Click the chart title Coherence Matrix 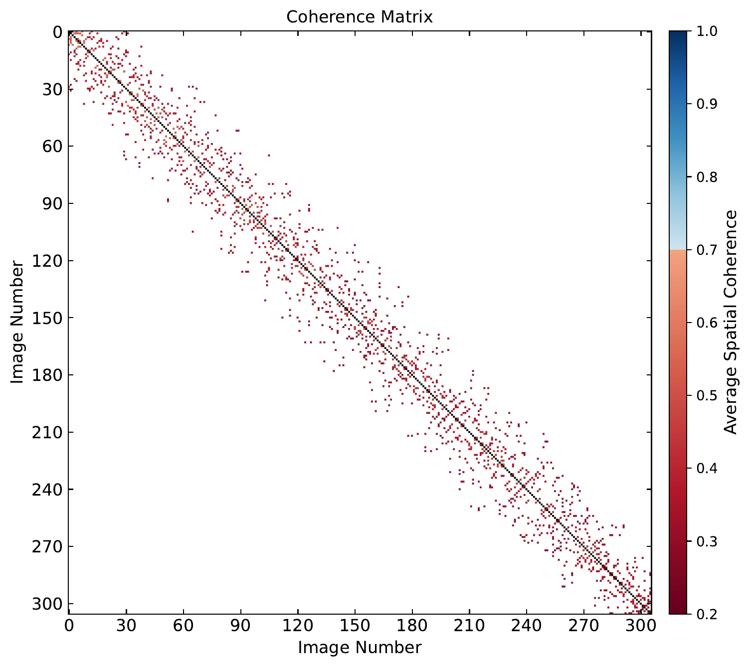click(x=359, y=17)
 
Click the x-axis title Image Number click(x=359, y=647)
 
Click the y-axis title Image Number click(x=17, y=322)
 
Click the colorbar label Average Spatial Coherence click(x=730, y=322)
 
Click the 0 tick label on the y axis click(x=56, y=32)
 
